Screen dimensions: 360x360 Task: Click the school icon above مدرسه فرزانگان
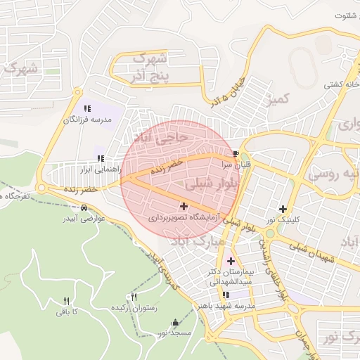tap(87, 108)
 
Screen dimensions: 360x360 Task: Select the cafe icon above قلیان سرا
tap(235, 154)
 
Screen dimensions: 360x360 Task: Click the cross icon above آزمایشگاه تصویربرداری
tap(184, 207)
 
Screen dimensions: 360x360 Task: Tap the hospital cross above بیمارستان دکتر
tap(231, 261)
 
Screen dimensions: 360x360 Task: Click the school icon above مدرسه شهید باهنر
tap(225, 295)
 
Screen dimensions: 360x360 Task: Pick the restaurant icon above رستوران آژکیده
tap(134, 297)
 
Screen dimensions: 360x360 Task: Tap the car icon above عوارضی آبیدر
tap(84, 208)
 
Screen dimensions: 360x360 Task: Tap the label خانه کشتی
tap(341, 84)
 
